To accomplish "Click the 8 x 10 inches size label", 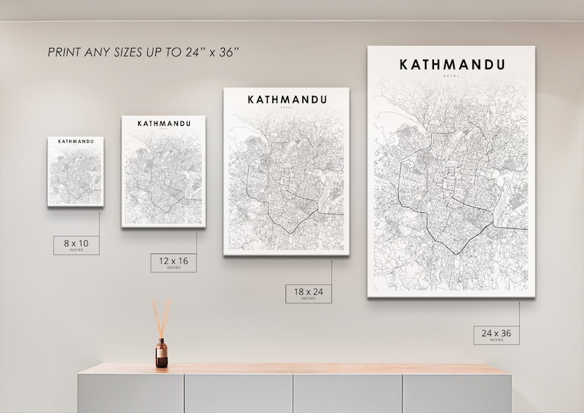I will tap(76, 243).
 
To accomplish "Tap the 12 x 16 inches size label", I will tap(174, 261).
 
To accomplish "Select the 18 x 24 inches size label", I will tap(308, 293).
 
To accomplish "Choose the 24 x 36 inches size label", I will tap(496, 334).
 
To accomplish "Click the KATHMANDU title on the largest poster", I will tap(452, 63).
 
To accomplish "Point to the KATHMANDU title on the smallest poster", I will tap(75, 141).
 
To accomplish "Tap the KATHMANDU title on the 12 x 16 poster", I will tap(163, 122).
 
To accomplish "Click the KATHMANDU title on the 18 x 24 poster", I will tap(287, 99).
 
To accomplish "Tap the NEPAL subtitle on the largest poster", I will tap(451, 75).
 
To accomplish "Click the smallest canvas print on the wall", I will tap(76, 172).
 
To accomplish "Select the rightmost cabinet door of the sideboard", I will tap(456, 394).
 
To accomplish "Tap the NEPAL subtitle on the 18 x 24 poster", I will tap(287, 107).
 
